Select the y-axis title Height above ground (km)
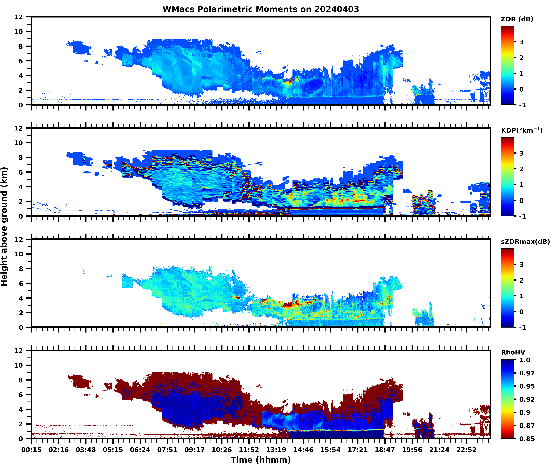click(x=4, y=226)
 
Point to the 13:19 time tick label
click(x=276, y=450)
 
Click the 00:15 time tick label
click(x=31, y=450)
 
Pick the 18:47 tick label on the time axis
click(x=385, y=450)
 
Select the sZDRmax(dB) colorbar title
click(x=525, y=242)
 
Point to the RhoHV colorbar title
click(x=513, y=352)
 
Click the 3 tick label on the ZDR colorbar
click(x=521, y=42)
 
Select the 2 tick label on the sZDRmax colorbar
click(x=521, y=280)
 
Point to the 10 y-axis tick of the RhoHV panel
click(x=19, y=365)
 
